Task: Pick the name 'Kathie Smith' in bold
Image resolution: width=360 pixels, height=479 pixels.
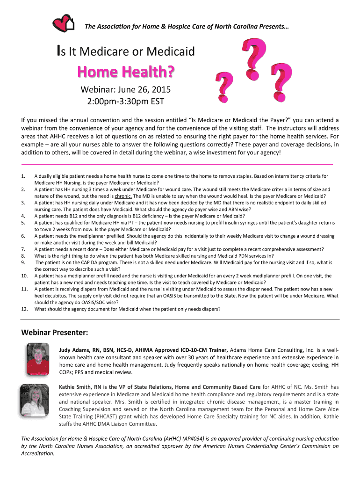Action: [x=77, y=387]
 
